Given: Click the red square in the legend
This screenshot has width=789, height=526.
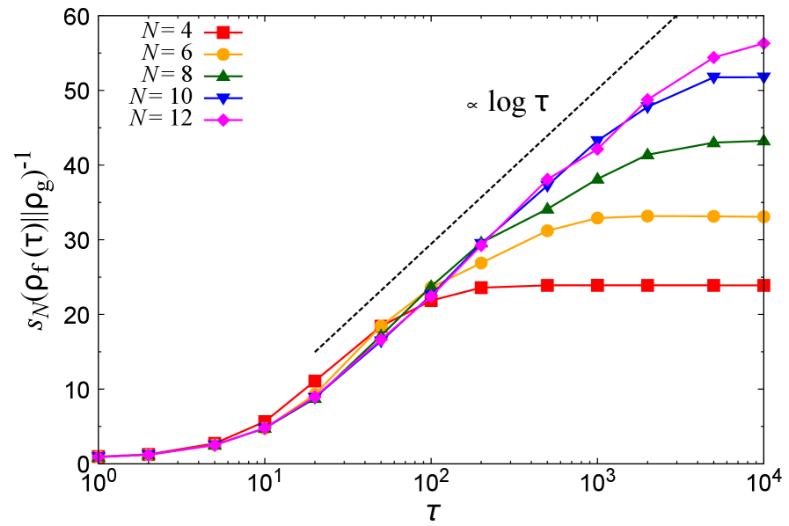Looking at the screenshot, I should click(x=223, y=33).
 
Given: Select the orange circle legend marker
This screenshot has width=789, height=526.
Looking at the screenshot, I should click(x=223, y=55).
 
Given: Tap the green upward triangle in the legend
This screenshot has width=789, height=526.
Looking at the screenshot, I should click(x=223, y=76).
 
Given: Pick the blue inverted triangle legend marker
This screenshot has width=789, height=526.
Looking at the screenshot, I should click(x=223, y=99).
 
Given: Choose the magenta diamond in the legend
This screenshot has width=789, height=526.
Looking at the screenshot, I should click(x=223, y=120).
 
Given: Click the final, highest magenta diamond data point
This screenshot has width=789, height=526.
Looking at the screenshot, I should click(x=763, y=43).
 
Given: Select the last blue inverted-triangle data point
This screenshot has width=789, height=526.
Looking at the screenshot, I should click(x=763, y=77).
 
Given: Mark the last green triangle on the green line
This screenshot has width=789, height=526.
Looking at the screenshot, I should click(x=763, y=140).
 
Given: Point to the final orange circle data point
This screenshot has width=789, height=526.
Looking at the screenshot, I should click(x=763, y=216).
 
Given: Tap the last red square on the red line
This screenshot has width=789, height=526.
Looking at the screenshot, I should click(x=763, y=285).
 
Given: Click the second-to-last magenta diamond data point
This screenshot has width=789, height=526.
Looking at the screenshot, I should click(x=713, y=58).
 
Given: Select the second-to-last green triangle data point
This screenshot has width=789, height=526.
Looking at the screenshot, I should click(x=713, y=142).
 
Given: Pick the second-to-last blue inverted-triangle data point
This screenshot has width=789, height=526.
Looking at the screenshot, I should click(x=713, y=78).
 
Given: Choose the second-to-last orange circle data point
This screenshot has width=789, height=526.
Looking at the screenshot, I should click(x=713, y=216).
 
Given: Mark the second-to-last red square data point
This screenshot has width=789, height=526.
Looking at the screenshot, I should click(x=713, y=285).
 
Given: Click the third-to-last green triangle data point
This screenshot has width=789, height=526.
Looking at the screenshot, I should click(x=647, y=154).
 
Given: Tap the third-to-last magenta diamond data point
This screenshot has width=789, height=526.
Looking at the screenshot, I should click(x=647, y=99).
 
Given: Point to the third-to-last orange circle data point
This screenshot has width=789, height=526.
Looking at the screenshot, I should click(x=647, y=216).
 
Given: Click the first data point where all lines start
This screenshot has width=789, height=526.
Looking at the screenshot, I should click(x=99, y=457).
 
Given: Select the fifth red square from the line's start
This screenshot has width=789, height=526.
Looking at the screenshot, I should click(x=315, y=381).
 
